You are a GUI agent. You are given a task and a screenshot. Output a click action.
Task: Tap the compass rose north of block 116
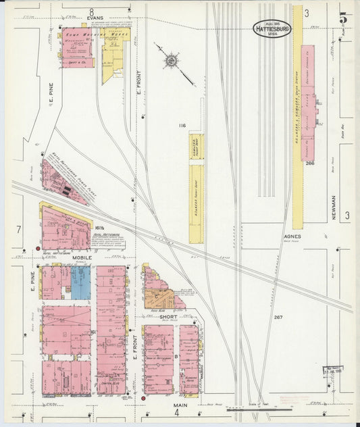(x=171, y=62)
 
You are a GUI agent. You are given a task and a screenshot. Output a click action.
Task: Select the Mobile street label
(x=83, y=257)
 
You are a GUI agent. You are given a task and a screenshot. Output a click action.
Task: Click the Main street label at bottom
(x=179, y=405)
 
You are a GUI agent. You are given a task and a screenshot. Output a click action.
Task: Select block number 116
(x=182, y=126)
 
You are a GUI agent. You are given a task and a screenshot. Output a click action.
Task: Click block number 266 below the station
(x=309, y=163)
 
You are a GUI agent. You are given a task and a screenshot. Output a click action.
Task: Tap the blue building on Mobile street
(x=80, y=282)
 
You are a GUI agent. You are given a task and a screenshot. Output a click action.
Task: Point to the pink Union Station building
(x=307, y=101)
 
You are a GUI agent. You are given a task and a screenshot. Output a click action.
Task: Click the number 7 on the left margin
(x=19, y=230)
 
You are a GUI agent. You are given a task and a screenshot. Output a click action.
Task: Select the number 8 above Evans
(x=91, y=11)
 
